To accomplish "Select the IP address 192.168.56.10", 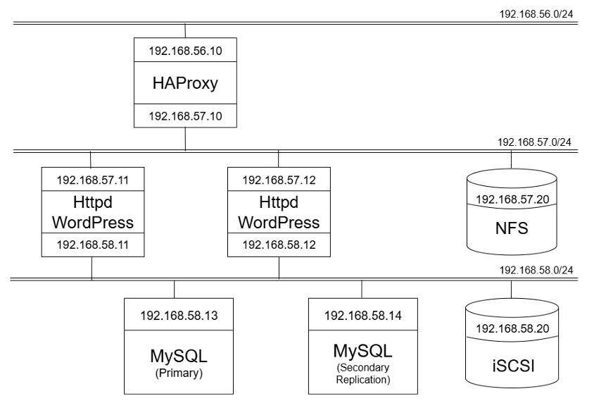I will click(x=185, y=51).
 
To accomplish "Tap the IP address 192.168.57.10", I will click(x=185, y=116).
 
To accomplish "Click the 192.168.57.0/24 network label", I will click(x=533, y=142).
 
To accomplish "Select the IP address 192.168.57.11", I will click(x=91, y=180).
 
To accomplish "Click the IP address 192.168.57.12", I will click(x=279, y=180).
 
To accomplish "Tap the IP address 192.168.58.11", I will click(x=91, y=245).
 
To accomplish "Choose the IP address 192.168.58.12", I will click(x=279, y=245).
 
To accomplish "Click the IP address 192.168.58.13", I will click(x=175, y=314).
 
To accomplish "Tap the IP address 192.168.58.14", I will click(x=361, y=314).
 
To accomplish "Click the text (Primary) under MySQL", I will click(x=175, y=373).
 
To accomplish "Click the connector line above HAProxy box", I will click(x=185, y=31).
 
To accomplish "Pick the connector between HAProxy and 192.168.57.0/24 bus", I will click(x=185, y=139).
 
